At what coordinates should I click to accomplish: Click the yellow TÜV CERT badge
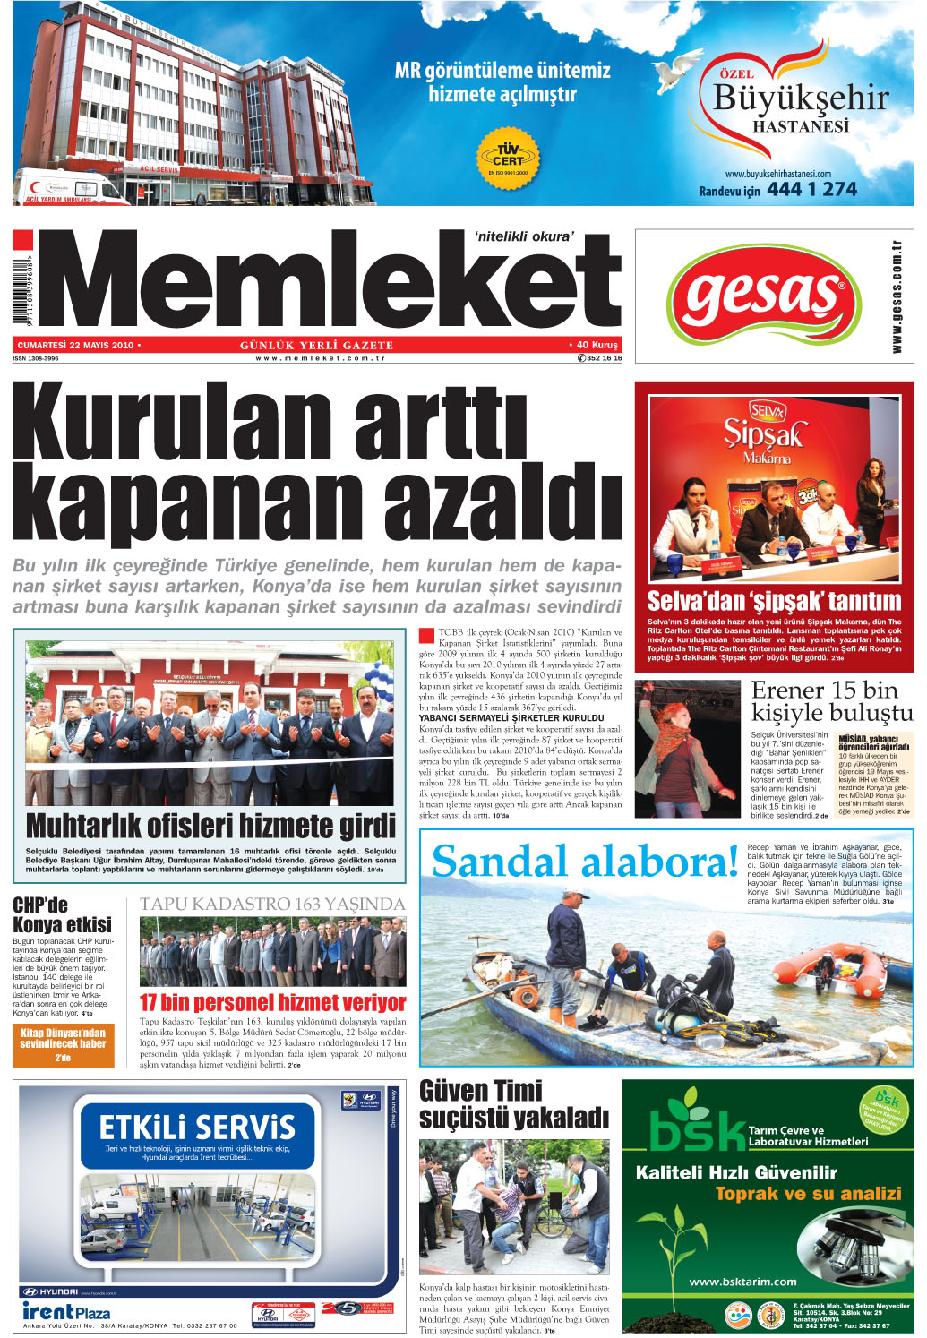tap(508, 157)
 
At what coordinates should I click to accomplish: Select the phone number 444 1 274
tap(811, 189)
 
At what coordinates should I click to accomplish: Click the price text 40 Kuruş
tap(596, 345)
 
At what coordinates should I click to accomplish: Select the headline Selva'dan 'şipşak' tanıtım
tap(774, 600)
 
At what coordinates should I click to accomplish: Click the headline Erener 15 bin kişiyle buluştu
tap(831, 701)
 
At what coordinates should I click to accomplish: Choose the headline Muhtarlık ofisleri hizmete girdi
tap(210, 825)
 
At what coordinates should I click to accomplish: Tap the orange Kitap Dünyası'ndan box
tap(64, 1044)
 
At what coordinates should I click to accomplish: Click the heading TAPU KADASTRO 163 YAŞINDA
tap(272, 904)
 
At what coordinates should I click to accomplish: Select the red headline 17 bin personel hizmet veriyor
tap(272, 1002)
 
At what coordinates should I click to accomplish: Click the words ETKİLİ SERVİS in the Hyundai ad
tap(197, 1127)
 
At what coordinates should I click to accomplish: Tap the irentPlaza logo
tap(66, 1311)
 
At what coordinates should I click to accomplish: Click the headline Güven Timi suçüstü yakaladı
tap(513, 1104)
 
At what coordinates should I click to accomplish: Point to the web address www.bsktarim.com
tap(742, 1281)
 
